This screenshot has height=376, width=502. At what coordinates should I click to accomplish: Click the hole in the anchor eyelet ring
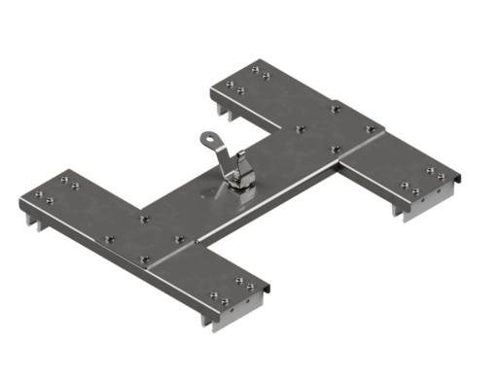[x=208, y=141]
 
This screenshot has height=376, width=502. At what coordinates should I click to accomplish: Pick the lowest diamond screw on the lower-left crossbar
[x=144, y=259]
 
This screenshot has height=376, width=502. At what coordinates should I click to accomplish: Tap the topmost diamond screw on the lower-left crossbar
[x=144, y=219]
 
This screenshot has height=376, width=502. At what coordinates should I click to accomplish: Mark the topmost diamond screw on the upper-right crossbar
[x=336, y=108]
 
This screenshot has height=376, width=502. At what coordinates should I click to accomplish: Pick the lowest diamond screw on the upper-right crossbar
[x=334, y=149]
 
